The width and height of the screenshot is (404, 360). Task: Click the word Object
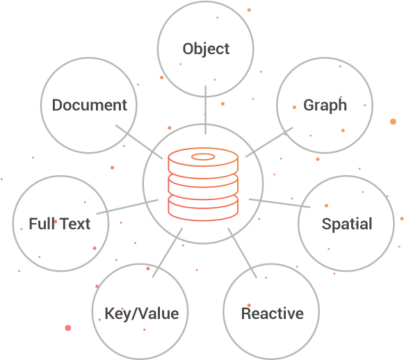click(x=206, y=49)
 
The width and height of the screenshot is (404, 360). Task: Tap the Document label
click(x=90, y=105)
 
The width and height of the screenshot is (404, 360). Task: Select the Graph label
click(x=325, y=106)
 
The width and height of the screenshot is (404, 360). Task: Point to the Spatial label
click(x=347, y=224)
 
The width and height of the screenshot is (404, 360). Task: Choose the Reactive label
click(x=273, y=313)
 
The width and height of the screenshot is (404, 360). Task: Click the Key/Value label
click(x=142, y=314)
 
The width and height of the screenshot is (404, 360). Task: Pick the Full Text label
click(x=60, y=224)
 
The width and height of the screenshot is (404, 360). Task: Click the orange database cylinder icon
click(x=203, y=184)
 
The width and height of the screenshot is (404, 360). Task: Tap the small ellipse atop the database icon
click(x=203, y=157)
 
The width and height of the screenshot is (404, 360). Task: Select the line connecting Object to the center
click(x=205, y=110)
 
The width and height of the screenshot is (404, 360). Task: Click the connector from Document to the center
click(x=139, y=142)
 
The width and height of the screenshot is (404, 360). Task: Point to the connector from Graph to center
click(x=269, y=142)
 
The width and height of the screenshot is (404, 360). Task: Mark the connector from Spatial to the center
click(x=280, y=203)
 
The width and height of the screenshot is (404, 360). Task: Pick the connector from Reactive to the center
click(x=242, y=253)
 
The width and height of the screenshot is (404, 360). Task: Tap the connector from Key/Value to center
click(x=168, y=252)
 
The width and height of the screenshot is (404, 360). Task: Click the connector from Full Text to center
click(x=127, y=206)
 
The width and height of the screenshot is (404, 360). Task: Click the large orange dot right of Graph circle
click(x=393, y=122)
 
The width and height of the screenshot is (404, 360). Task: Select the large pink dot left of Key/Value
click(x=68, y=328)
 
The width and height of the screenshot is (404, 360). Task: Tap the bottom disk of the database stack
click(x=203, y=208)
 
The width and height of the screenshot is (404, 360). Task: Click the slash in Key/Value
click(x=135, y=314)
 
